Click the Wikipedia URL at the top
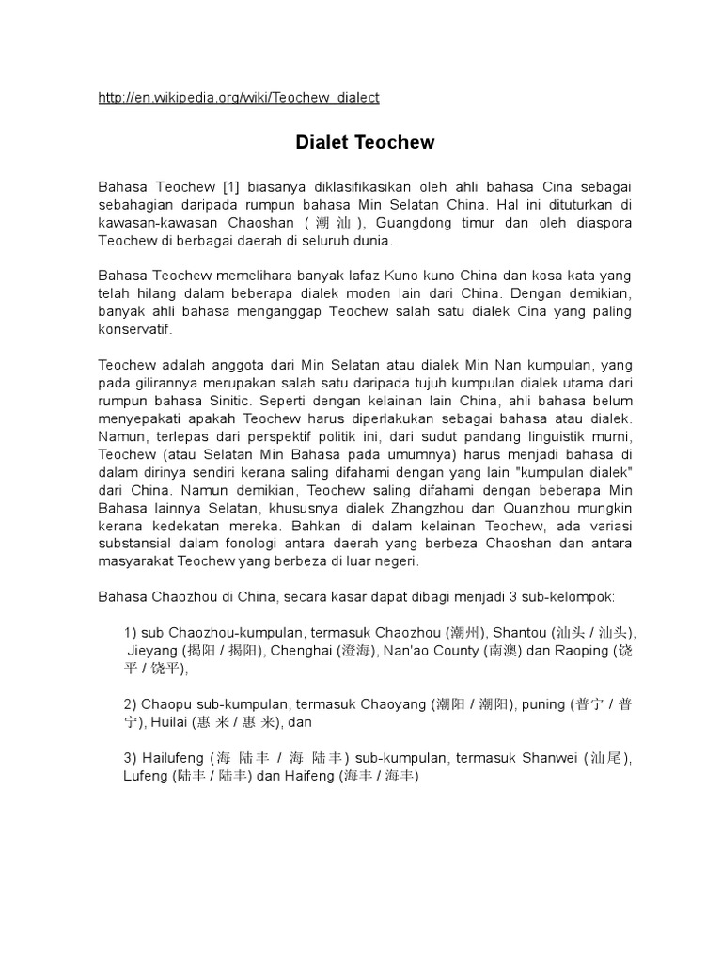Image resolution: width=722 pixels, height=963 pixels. (239, 97)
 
